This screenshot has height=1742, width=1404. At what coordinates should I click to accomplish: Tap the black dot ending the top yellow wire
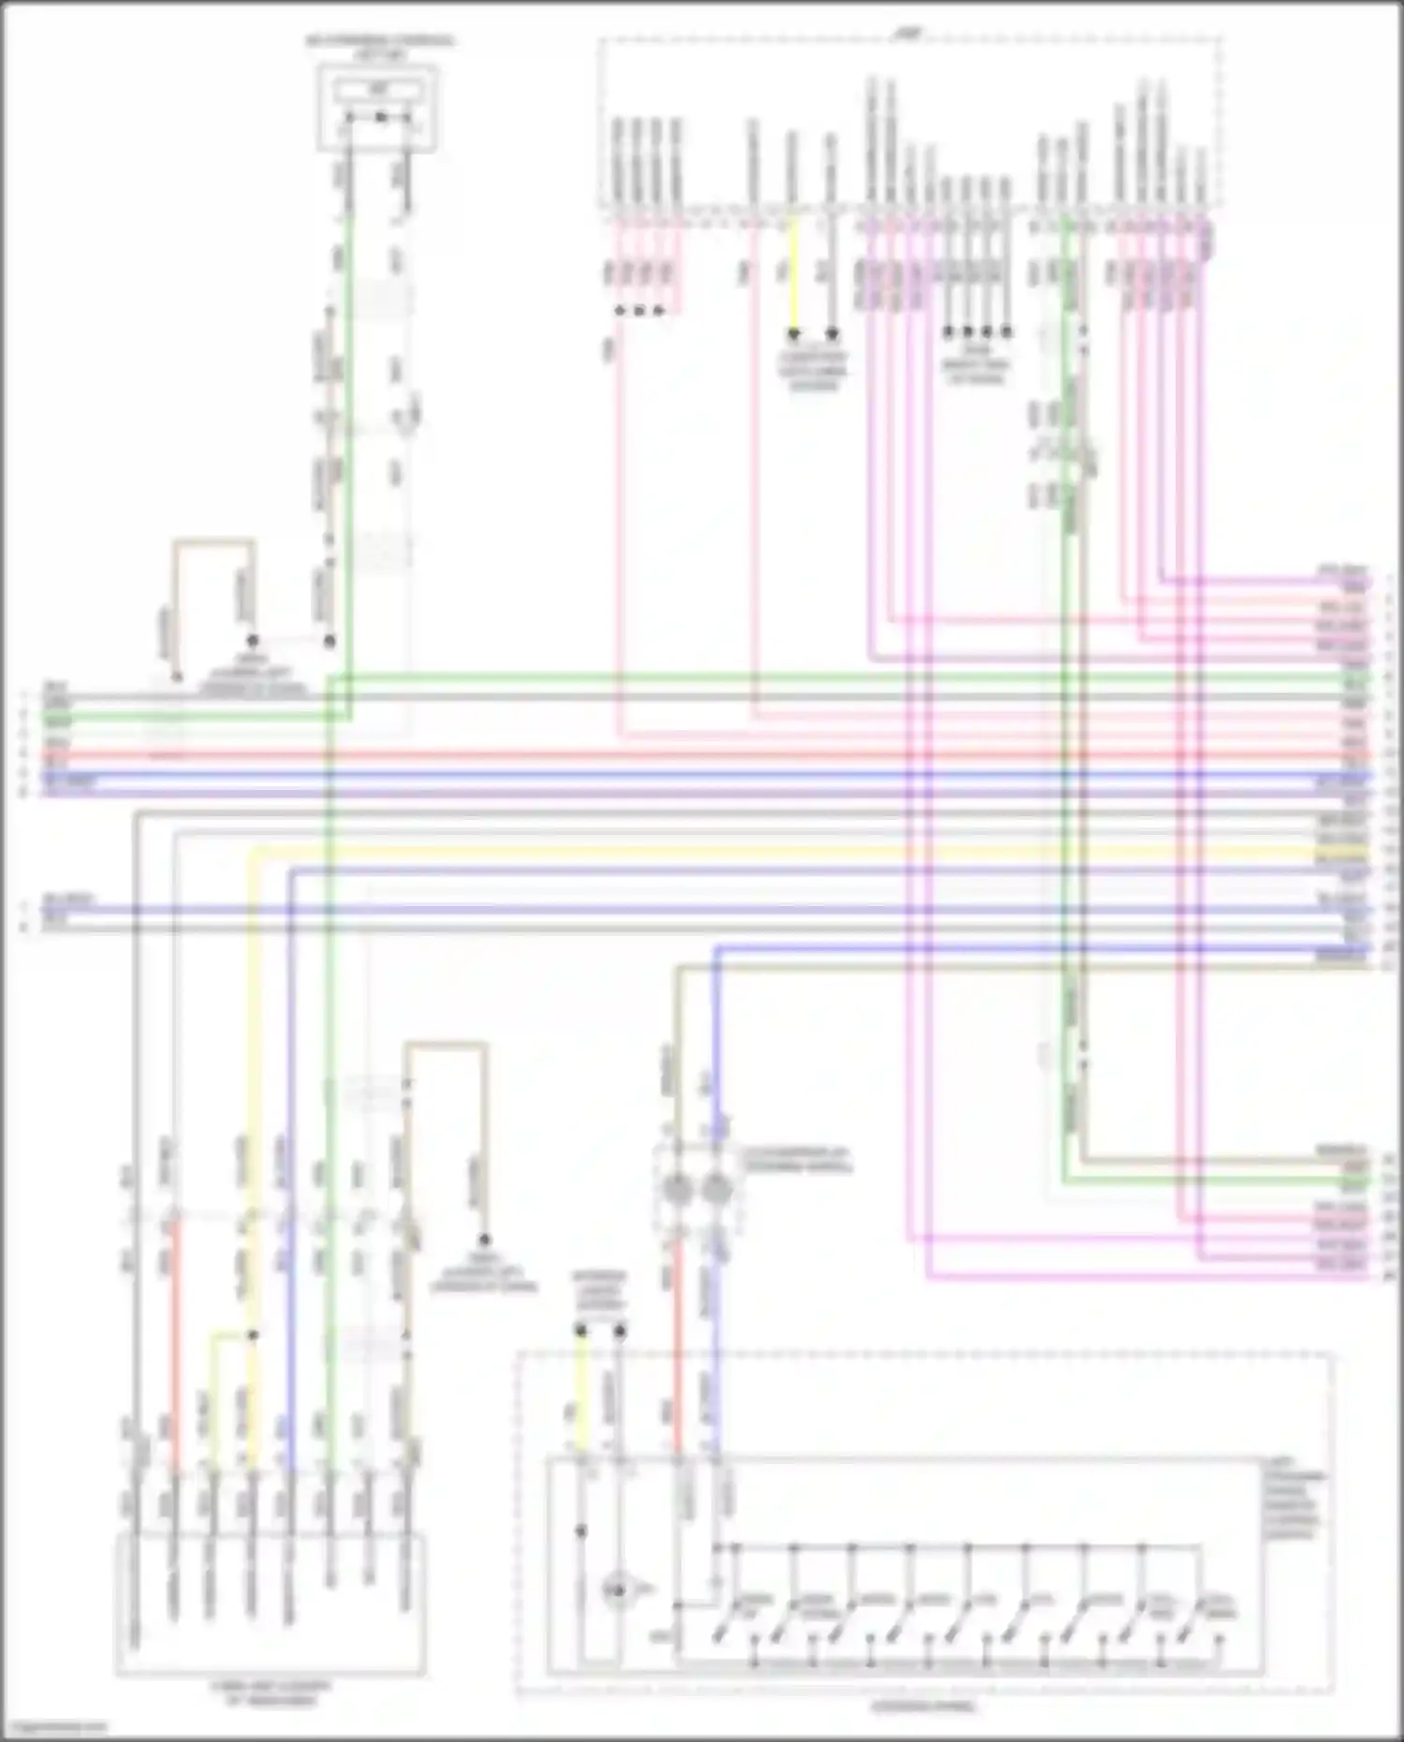[793, 333]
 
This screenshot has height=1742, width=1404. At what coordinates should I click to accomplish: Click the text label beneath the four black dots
[975, 365]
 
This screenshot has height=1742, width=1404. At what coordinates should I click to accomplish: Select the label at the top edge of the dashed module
[906, 33]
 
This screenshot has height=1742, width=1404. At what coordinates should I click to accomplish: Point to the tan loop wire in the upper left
[213, 541]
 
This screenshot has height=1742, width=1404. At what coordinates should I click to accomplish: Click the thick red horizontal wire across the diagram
[655, 754]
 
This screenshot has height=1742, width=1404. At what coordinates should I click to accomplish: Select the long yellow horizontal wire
[749, 851]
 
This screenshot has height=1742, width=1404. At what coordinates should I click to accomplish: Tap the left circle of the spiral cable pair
[677, 1190]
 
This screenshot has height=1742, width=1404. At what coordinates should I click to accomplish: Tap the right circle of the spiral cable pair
[716, 1190]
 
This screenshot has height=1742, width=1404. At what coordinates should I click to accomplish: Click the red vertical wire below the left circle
[678, 1339]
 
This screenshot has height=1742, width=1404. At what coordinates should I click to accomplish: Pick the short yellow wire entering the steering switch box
[581, 1395]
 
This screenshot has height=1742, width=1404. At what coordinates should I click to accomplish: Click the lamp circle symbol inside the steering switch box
[617, 1589]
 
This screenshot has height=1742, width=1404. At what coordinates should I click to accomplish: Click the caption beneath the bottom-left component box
[270, 1694]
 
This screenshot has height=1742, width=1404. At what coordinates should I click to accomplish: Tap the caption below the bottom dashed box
[922, 1705]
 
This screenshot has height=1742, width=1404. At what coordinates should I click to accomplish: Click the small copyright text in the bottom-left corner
[54, 1728]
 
